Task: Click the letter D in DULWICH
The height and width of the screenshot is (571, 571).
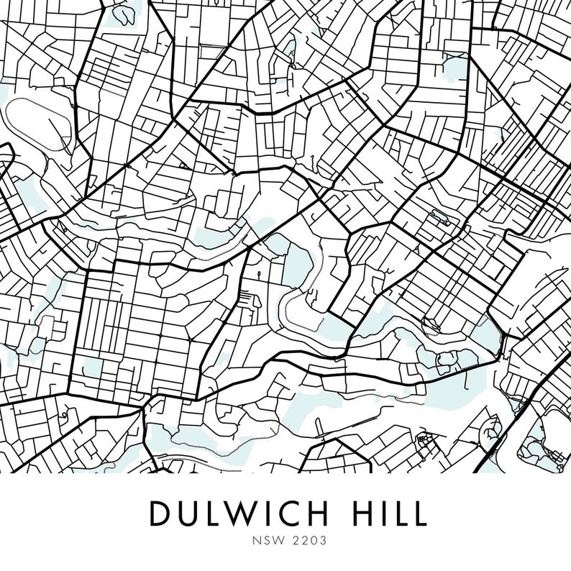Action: [160, 513]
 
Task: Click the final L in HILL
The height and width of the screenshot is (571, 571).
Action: [419, 513]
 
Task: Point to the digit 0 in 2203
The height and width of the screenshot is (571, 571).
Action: [302, 537]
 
